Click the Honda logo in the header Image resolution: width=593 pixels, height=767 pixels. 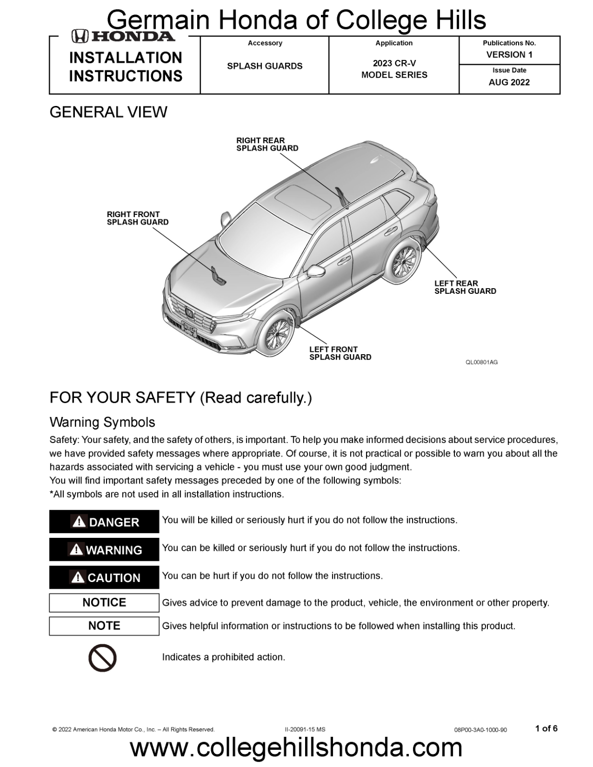pyautogui.click(x=123, y=36)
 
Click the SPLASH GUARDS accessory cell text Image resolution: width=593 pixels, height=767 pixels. pyautogui.click(x=264, y=66)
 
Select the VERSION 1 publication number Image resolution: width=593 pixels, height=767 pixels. pyautogui.click(x=509, y=55)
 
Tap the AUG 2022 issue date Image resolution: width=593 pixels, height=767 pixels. pyautogui.click(x=509, y=82)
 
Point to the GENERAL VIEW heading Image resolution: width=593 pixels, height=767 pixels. pyautogui.click(x=108, y=112)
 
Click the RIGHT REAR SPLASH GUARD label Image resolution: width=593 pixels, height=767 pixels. pyautogui.click(x=267, y=144)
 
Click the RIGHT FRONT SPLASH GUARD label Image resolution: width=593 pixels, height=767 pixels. pyautogui.click(x=138, y=218)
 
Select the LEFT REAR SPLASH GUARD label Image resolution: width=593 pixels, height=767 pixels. pyautogui.click(x=465, y=287)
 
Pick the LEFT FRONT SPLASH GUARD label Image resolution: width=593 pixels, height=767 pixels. pyautogui.click(x=340, y=353)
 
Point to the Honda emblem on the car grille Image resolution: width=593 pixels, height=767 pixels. pyautogui.click(x=190, y=314)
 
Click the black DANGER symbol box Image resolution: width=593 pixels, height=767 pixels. pyautogui.click(x=104, y=522)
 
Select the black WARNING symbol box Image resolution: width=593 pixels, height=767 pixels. pyautogui.click(x=104, y=549)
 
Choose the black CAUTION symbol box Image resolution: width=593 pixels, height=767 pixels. pyautogui.click(x=104, y=577)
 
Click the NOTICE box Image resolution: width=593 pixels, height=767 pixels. pyautogui.click(x=104, y=603)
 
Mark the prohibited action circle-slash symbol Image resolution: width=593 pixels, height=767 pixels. pyautogui.click(x=103, y=658)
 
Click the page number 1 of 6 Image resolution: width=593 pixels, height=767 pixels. pyautogui.click(x=546, y=729)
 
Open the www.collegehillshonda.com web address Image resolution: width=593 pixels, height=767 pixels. pyautogui.click(x=296, y=748)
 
